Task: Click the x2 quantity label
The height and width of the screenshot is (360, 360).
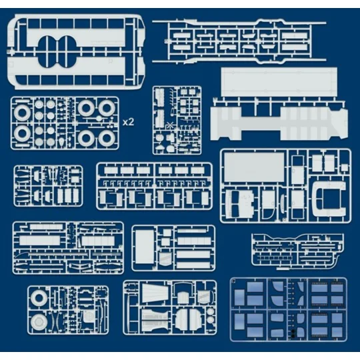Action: (x=129, y=123)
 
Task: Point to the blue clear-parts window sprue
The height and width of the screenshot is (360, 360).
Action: (x=288, y=310)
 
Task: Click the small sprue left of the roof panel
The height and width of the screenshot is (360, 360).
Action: (x=177, y=120)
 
